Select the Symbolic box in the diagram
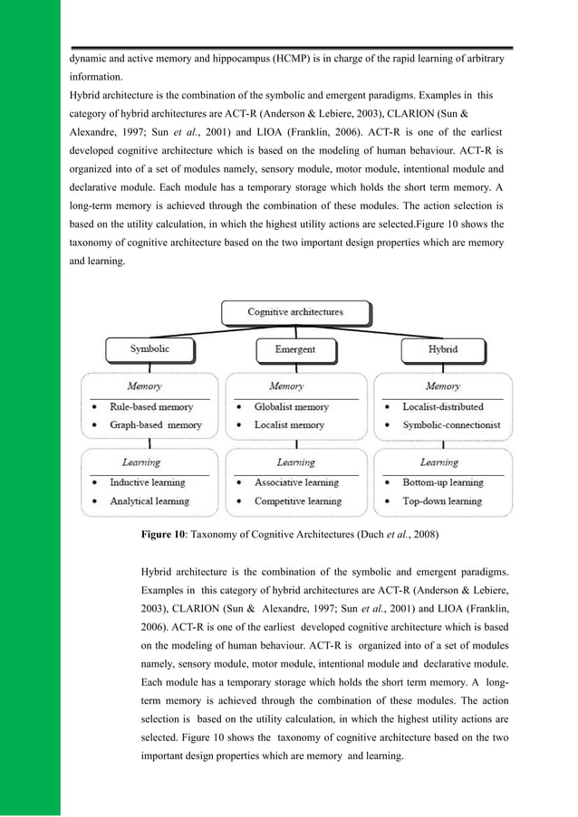click(149, 348)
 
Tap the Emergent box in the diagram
click(294, 348)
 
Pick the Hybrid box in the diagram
click(442, 348)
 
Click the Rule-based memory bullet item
click(150, 407)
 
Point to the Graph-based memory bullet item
click(156, 424)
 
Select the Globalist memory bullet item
click(291, 407)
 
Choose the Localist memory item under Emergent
click(289, 424)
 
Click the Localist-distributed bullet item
click(442, 407)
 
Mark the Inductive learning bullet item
click(147, 483)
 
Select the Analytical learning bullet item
click(149, 501)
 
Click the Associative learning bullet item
click(296, 483)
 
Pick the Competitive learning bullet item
click(297, 501)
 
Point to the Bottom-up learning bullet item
click(443, 483)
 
